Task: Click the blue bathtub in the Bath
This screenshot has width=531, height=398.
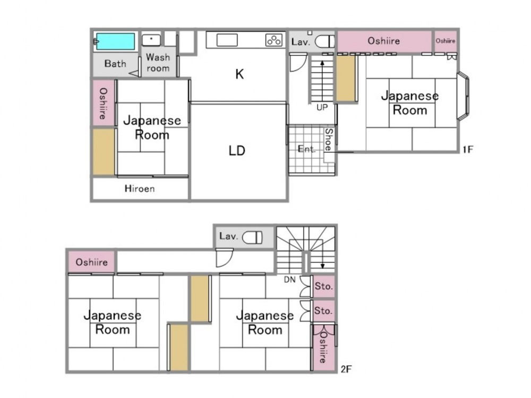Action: [115, 41]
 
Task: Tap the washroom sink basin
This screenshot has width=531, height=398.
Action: [151, 40]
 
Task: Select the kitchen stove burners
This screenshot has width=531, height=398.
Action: [273, 40]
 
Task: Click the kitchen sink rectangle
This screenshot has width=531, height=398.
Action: [227, 40]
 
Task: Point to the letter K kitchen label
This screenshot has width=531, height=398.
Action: [239, 74]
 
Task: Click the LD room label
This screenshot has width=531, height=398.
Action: [237, 151]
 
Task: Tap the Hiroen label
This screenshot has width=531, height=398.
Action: [140, 188]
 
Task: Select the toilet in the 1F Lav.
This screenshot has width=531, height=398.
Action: [324, 41]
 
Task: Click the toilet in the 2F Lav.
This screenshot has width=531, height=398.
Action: [252, 237]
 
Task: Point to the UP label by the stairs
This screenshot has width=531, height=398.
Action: [322, 107]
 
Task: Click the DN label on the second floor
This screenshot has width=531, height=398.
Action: [289, 280]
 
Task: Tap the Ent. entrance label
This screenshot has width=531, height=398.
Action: [306, 149]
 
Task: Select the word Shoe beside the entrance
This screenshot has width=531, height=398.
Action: [329, 140]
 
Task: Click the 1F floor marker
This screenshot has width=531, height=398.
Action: [468, 149]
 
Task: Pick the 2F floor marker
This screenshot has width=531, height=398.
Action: [346, 369]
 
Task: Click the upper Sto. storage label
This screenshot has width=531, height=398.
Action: [323, 287]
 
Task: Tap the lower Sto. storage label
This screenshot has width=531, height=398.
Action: [323, 310]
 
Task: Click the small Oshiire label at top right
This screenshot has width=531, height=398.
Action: [446, 41]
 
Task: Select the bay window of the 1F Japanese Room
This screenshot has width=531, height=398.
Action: [463, 96]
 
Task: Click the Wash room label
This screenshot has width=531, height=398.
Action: [158, 63]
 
